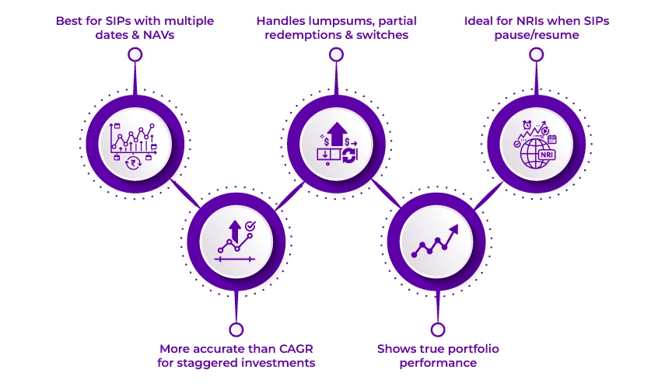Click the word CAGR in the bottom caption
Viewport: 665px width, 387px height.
coord(296,349)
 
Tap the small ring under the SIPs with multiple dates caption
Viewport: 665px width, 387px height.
coord(135,54)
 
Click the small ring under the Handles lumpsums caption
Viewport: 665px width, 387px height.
coord(336,54)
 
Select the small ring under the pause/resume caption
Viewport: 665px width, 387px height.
coord(537,54)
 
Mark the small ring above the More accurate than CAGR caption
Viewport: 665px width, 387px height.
coord(236,329)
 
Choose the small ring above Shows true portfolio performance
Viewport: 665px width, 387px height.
coord(438,329)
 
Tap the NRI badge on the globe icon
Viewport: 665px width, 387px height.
coord(546,155)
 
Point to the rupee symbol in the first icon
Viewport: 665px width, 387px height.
coord(134,162)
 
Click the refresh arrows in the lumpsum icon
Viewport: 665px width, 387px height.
coord(349,155)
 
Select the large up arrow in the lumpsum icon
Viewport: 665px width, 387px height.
coord(337,134)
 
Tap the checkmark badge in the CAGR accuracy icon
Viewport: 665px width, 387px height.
coord(250,226)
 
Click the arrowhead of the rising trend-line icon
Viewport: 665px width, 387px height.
coord(453,230)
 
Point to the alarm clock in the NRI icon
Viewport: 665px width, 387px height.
coord(527,125)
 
